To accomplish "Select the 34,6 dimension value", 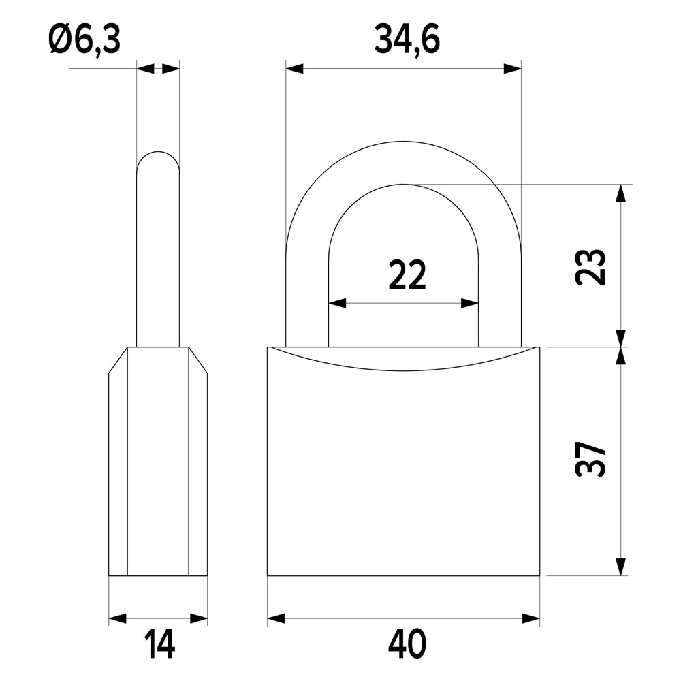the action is [407, 41].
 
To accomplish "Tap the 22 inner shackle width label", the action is [407, 275].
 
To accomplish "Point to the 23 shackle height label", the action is [590, 267].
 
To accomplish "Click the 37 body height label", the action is [590, 460].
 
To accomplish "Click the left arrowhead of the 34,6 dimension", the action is [294, 68].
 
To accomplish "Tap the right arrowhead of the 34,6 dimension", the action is [513, 68].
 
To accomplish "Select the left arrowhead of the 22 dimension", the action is [337, 303].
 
